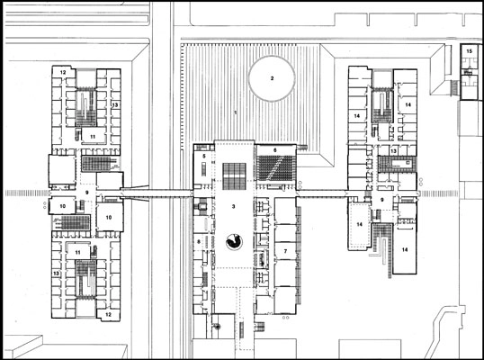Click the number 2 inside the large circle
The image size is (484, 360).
[270, 77]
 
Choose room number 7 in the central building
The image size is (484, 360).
[286, 249]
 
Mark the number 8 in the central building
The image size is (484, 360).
[199, 243]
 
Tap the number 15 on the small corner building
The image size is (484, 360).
[469, 53]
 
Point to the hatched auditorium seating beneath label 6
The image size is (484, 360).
[276, 167]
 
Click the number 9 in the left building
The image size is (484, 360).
[87, 192]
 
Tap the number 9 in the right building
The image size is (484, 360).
[382, 200]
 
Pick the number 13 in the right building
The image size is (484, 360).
[393, 151]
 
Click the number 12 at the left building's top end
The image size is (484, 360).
[64, 70]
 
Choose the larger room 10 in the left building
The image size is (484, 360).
[108, 217]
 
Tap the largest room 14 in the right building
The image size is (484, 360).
[405, 247]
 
